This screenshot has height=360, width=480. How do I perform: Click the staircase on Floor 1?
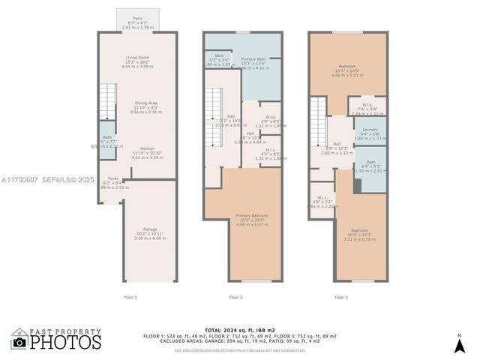tap(109, 101)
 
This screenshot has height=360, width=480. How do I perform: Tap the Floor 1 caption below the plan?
tap(130, 298)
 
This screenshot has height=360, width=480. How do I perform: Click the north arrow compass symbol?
tap(459, 344)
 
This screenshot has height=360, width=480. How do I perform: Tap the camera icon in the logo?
tap(19, 343)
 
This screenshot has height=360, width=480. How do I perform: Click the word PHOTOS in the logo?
tap(66, 343)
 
